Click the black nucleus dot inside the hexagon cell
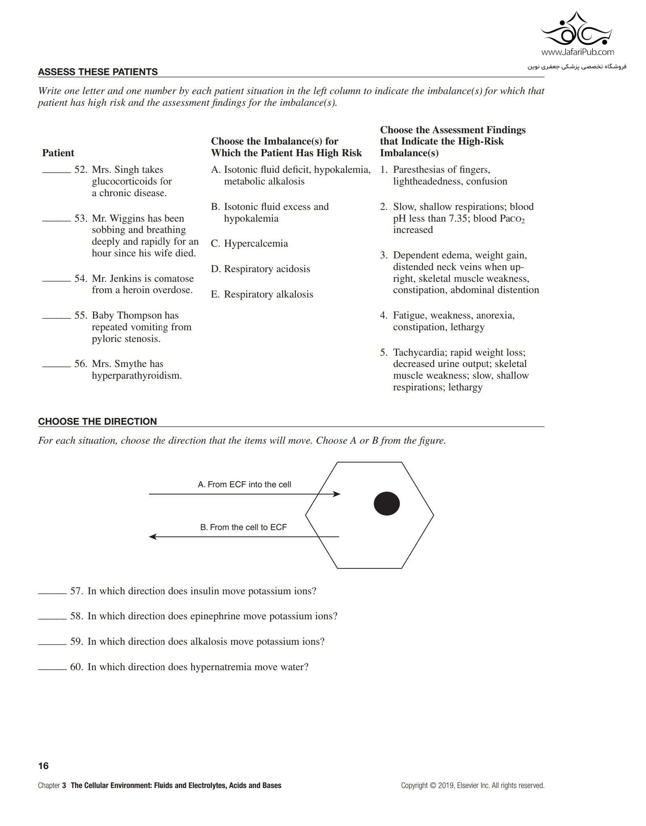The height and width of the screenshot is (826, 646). point(386,503)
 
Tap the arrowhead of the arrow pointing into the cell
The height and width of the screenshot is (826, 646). point(337,494)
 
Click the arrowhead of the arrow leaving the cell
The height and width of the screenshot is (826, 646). point(153,537)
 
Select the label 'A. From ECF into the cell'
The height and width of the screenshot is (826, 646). point(244,484)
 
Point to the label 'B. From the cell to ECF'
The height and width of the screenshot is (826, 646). point(243,527)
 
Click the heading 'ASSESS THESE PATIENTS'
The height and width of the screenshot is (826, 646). point(98,72)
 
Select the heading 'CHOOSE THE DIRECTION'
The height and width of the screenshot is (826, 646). point(97,421)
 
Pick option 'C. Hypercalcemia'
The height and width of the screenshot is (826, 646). point(249,243)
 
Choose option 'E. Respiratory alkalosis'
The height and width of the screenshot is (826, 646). point(262,294)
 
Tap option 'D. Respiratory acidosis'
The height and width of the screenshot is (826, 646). point(260,269)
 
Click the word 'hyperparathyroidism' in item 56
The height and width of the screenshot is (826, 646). point(136,375)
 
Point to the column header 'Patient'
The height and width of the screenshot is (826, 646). point(58,153)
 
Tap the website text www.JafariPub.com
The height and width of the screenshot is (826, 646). point(577,52)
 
